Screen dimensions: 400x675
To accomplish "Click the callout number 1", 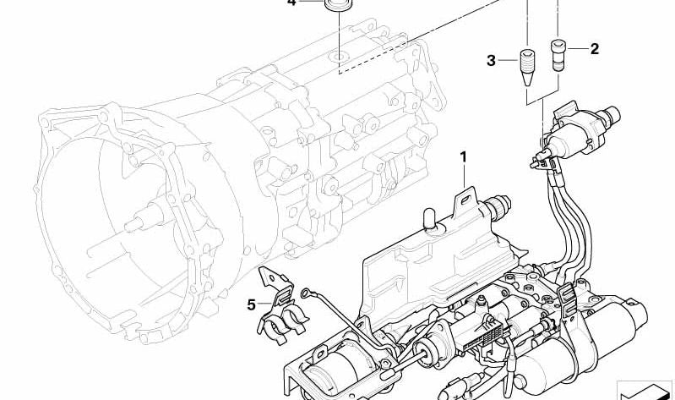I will coord(464,156).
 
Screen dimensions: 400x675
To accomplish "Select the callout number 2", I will coord(594,49).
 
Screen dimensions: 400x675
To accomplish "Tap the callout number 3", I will coord(491,60).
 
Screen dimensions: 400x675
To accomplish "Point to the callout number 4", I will coord(291,3).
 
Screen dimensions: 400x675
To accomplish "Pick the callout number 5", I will coord(251,304).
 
